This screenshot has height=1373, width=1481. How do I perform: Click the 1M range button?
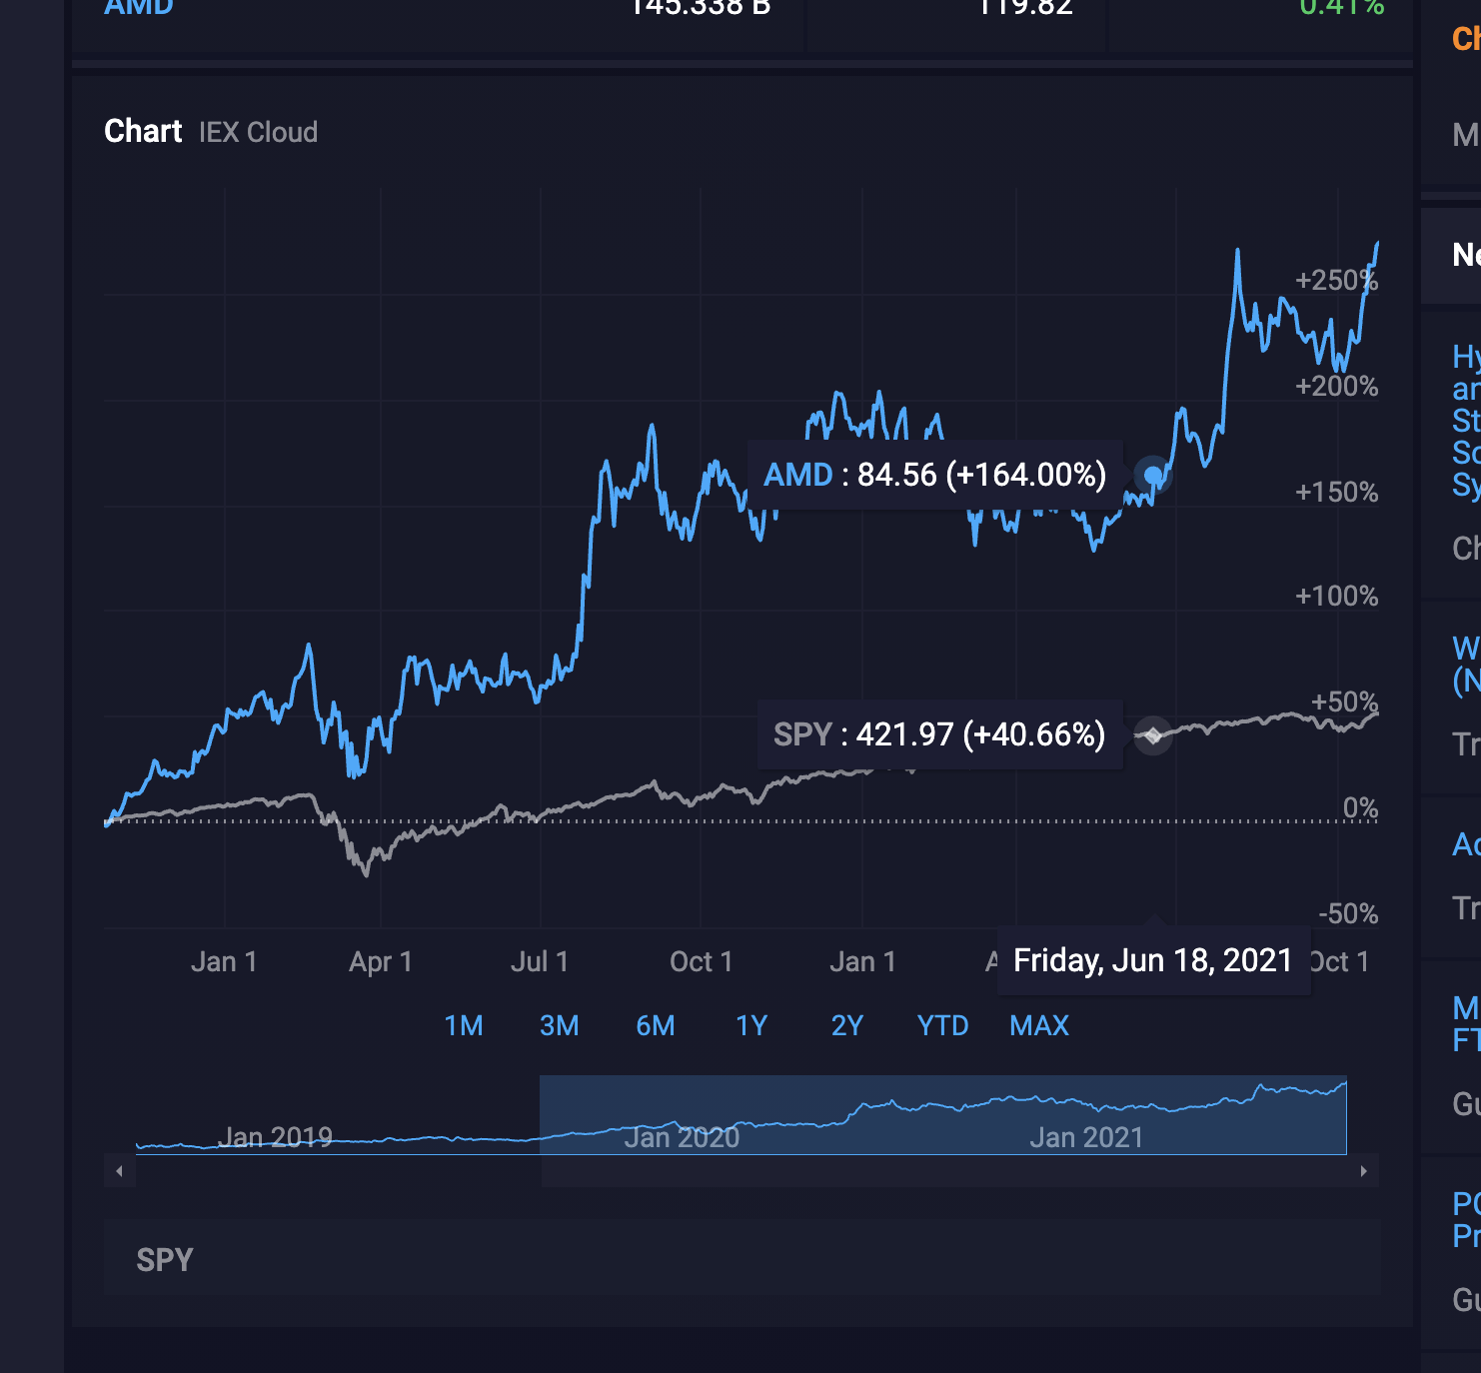464,1026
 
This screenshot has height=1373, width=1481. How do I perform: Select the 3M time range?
560,1026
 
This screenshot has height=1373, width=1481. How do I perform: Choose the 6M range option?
656,1026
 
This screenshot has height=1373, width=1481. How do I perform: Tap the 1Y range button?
751,1026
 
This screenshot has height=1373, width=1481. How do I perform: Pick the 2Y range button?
847,1026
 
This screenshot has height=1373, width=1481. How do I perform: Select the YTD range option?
943,1026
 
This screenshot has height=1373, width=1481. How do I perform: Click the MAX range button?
1039,1026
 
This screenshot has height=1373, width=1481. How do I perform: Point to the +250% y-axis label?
1336,281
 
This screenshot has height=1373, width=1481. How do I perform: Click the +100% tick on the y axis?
1336,597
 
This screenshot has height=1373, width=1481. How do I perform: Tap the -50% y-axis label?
1348,914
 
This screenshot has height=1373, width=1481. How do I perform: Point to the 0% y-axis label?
1360,808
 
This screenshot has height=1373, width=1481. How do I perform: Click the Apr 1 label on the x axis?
381,962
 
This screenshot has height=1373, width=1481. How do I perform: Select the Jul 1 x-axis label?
540,962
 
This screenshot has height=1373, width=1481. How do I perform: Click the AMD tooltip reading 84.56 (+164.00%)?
934,475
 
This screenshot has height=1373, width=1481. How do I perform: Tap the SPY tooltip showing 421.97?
939,734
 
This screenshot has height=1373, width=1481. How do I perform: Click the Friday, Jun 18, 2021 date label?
1153,961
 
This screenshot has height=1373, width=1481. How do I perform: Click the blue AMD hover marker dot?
1153,475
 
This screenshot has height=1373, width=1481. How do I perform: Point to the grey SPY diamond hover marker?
1153,735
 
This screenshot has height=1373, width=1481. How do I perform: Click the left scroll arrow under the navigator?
120,1171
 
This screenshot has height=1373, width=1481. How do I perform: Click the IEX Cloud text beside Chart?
258,133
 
